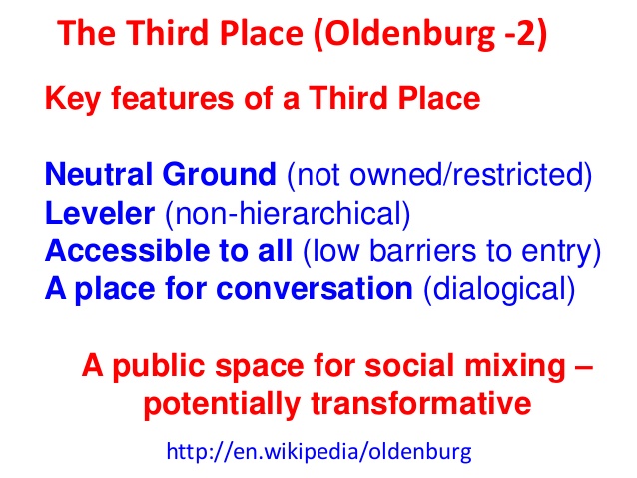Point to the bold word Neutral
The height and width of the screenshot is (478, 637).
99,174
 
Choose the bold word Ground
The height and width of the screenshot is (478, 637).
220,175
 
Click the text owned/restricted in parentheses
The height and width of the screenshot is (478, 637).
466,174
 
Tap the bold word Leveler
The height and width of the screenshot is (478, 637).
100,212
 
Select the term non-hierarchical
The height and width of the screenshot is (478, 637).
288,212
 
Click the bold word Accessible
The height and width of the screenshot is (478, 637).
127,250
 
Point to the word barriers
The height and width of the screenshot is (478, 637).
422,250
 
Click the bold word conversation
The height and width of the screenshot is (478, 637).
315,289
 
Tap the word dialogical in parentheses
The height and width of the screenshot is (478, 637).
499,289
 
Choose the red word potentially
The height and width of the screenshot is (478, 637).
223,404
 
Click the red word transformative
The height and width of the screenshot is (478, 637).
421,404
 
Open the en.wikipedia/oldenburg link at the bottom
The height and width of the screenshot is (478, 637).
318,451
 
